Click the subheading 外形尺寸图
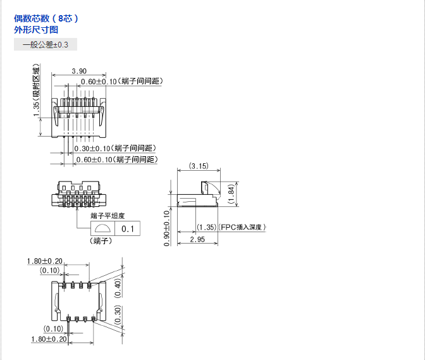37,30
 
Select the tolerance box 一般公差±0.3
46,44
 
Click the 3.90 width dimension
79,71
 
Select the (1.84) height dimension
232,193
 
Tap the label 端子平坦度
108,216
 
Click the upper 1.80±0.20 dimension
44,261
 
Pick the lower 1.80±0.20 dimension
49,339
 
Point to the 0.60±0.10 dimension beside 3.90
99,82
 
